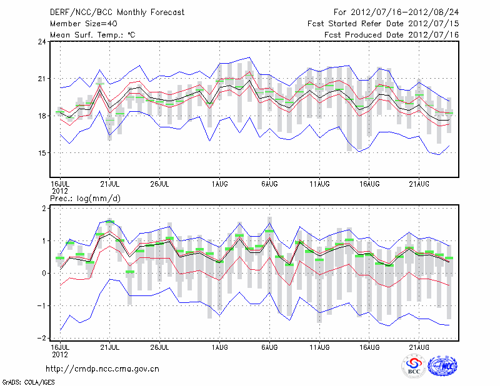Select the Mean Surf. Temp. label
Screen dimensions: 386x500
pyautogui.click(x=92, y=34)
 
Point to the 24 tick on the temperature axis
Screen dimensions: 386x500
pyautogui.click(x=42, y=42)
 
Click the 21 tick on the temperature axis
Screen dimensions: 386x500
pyautogui.click(x=42, y=79)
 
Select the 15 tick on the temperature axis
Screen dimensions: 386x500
pyautogui.click(x=42, y=153)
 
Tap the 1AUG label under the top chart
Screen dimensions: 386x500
pyautogui.click(x=219, y=184)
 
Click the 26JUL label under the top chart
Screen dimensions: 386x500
pyautogui.click(x=160, y=184)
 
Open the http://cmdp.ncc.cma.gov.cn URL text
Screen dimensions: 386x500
pyautogui.click(x=102, y=369)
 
